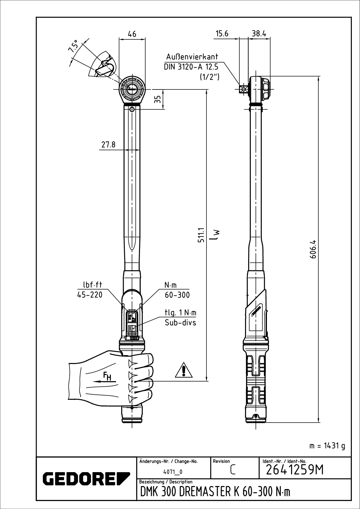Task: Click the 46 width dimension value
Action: pos(132,34)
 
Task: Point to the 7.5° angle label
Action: pos(73,46)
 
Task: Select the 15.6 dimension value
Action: pos(222,34)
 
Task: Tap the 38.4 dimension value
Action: pos(259,34)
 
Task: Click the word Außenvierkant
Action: pos(192,57)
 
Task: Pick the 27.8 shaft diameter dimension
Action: pos(109,144)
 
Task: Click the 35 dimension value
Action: pos(157,99)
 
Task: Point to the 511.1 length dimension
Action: pos(201,235)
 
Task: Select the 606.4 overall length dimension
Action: pos(313,249)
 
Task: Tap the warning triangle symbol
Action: pos(184,370)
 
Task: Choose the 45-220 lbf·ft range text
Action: pos(90,295)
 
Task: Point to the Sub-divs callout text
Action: pos(180,323)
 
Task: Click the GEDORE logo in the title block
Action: pos(86,478)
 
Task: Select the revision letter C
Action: pos(232,470)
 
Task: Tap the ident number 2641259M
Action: pos(294,470)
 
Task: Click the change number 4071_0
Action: pos(173,472)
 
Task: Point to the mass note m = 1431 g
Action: pos(327,446)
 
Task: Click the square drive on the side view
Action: pos(244,89)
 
